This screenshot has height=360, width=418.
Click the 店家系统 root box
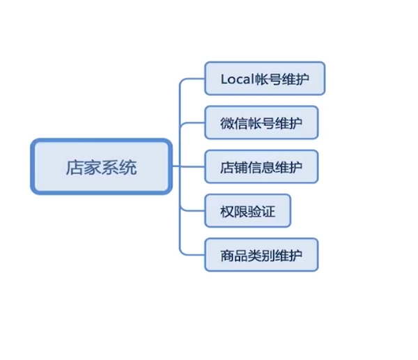tap(101, 167)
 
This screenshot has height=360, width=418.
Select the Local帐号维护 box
tap(265, 79)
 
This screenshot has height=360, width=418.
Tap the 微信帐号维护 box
tap(261, 123)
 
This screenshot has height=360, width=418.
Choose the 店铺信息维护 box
tap(261, 167)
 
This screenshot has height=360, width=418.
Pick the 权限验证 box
tap(247, 211)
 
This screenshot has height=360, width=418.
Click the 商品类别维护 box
tap(261, 255)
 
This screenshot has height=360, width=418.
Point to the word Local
tap(237, 79)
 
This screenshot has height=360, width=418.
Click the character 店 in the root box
tap(75, 167)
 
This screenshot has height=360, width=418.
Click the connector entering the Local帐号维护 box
tap(193, 79)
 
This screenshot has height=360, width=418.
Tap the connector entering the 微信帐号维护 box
tap(193, 123)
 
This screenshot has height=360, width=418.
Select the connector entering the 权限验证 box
tap(193, 211)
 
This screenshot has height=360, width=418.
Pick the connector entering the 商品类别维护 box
tap(193, 255)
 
